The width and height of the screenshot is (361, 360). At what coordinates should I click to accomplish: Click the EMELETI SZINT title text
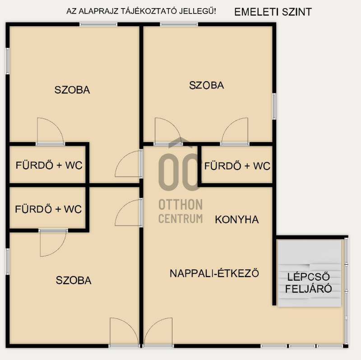pyautogui.click(x=273, y=12)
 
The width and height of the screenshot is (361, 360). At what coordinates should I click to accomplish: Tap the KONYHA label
pyautogui.click(x=236, y=220)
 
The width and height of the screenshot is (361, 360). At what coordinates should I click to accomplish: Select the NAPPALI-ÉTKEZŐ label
pyautogui.click(x=214, y=273)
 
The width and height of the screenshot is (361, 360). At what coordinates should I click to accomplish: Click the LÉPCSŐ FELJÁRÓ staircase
pyautogui.click(x=309, y=273)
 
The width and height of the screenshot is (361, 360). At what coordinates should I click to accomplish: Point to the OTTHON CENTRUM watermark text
pyautogui.click(x=180, y=211)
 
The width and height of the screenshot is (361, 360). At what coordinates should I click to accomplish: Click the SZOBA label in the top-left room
pyautogui.click(x=72, y=90)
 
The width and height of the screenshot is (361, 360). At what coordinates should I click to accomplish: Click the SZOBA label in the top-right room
pyautogui.click(x=206, y=85)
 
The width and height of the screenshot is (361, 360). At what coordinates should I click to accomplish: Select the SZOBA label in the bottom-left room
pyautogui.click(x=74, y=280)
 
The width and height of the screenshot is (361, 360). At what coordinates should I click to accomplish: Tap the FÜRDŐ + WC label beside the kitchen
pyautogui.click(x=237, y=166)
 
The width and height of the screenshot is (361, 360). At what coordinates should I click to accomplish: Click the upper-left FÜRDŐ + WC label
pyautogui.click(x=49, y=165)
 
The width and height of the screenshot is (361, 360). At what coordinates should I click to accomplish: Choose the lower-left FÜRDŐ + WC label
pyautogui.click(x=48, y=209)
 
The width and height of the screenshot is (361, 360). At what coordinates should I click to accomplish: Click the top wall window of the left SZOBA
pyautogui.click(x=98, y=24)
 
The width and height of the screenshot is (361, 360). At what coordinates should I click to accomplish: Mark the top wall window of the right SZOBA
pyautogui.click(x=179, y=24)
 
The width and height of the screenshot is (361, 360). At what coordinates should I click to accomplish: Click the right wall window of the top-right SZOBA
pyautogui.click(x=274, y=106)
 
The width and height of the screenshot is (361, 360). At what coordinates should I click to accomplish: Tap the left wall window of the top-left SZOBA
pyautogui.click(x=8, y=61)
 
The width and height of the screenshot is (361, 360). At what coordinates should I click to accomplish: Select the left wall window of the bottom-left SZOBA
pyautogui.click(x=8, y=262)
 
